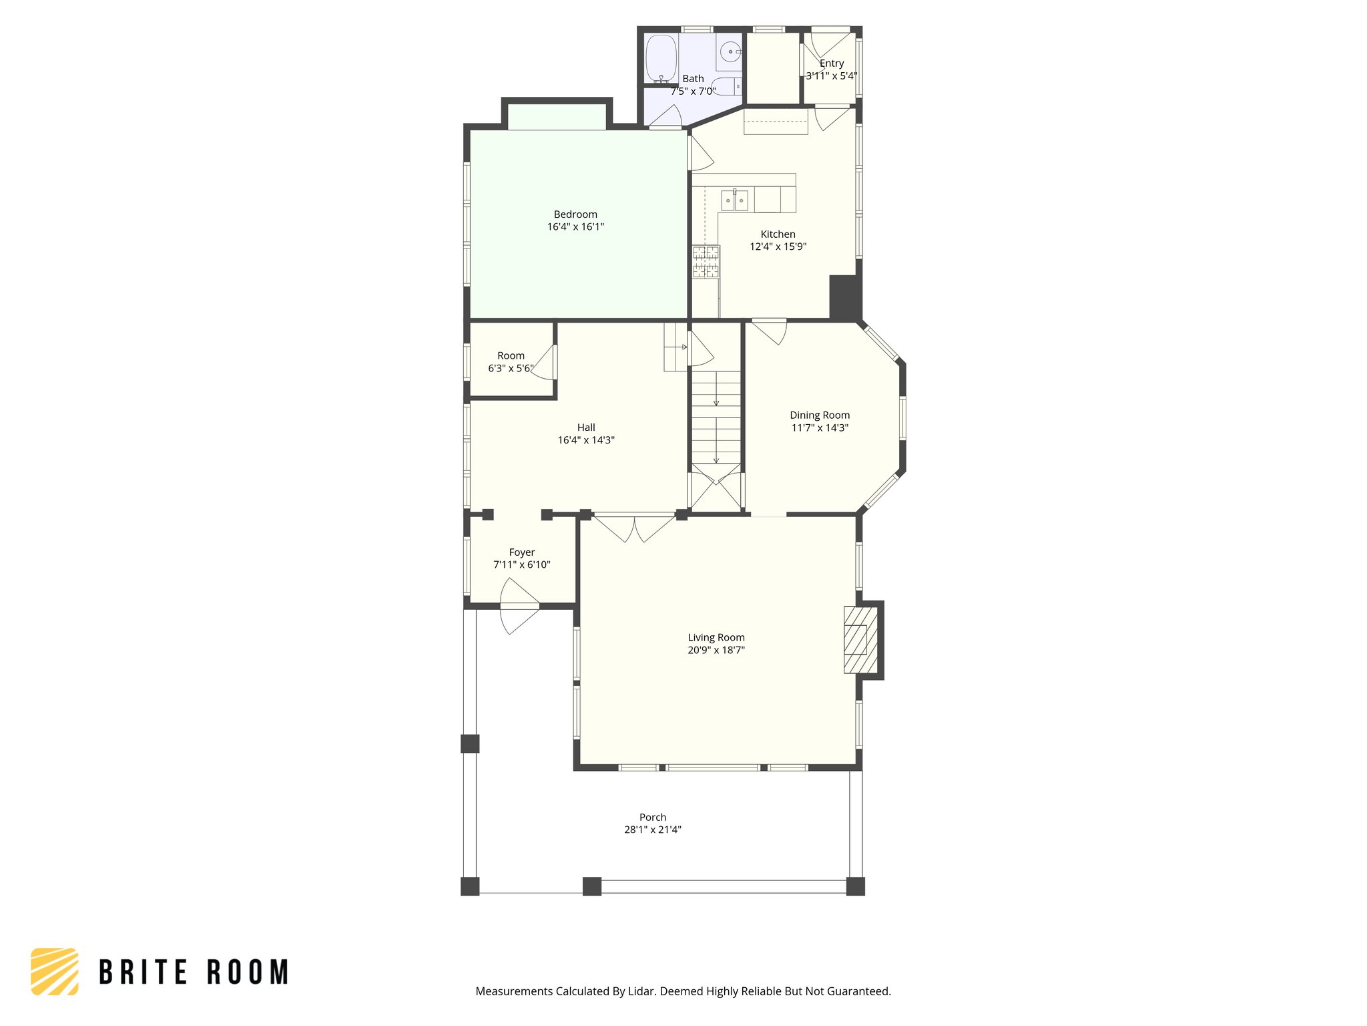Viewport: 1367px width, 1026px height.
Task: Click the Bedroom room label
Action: (575, 214)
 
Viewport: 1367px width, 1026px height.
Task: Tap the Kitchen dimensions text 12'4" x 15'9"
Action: (778, 246)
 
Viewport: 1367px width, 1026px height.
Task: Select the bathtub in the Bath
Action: (661, 58)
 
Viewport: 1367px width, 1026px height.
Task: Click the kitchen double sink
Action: (734, 200)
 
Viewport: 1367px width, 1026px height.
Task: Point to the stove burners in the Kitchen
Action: (706, 262)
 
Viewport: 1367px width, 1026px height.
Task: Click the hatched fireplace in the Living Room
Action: (860, 639)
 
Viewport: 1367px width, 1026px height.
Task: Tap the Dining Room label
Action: (820, 415)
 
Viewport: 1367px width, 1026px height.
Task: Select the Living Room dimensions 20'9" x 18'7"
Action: (716, 650)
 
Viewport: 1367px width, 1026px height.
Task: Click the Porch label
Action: (653, 818)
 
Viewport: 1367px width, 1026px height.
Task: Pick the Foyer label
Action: (522, 552)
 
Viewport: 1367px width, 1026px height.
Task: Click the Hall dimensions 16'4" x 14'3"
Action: (586, 440)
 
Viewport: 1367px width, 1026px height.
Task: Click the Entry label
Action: (832, 63)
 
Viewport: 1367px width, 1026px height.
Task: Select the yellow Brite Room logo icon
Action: (55, 971)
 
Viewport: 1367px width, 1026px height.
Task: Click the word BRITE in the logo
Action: (144, 972)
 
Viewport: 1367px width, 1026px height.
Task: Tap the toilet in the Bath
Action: (728, 87)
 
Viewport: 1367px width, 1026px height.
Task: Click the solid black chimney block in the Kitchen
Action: (844, 297)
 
